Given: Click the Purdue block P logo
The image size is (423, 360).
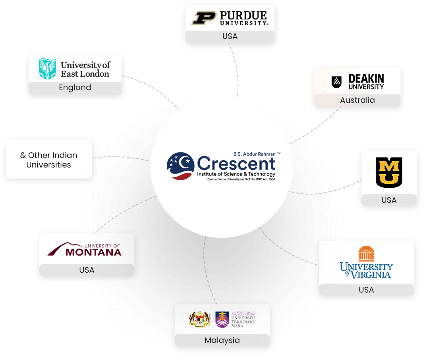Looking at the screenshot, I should pos(203,18).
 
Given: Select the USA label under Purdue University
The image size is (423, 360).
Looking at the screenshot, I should pos(230,36).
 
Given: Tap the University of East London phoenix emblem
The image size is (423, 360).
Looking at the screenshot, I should pos(47,69).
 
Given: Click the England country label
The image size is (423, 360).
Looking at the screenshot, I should pos(75,88).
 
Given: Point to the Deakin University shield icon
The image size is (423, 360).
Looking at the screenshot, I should pos(337,82).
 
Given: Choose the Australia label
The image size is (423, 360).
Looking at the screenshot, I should pos(357,100).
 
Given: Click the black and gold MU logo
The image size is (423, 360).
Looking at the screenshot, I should pos(389,172).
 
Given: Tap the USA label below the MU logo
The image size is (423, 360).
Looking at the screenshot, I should pos(389,200).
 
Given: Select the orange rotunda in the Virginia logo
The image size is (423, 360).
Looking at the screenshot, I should pos(366,254).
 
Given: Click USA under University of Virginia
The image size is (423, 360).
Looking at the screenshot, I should pos(366,290).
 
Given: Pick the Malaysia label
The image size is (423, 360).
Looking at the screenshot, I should pos(222,340).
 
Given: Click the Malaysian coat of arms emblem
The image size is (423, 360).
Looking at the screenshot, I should pos(199,319).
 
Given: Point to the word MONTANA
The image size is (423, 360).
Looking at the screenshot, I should pos(93,252).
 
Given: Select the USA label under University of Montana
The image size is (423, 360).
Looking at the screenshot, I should pos(87,270).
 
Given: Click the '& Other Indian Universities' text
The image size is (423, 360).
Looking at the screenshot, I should pos(48,160).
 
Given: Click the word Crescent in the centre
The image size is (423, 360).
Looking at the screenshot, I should pos(236,163).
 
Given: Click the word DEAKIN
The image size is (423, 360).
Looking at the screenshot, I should pos(366,79).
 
